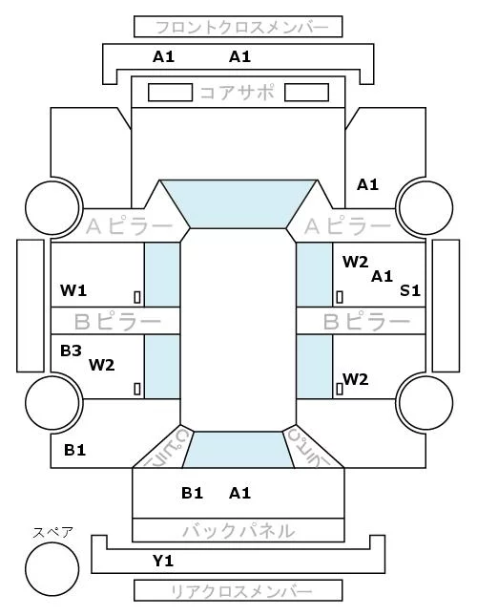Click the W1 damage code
73,290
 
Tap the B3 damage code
71,350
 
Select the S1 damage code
410,290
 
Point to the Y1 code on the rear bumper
163,561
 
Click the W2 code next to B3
101,366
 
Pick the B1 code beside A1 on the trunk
192,493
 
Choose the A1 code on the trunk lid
239,493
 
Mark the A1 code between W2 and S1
382,277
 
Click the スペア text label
52,533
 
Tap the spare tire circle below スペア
52,569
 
